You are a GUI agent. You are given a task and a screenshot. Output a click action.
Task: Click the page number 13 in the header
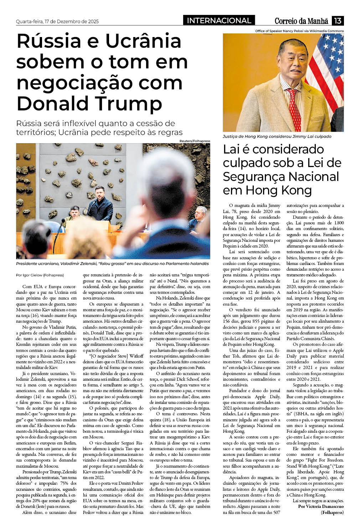(338, 21)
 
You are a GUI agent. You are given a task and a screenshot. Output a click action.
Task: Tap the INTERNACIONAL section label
(219, 21)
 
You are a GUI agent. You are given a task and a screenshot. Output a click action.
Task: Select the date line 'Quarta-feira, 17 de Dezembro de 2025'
(57, 21)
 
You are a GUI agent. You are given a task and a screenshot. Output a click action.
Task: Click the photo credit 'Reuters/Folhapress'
(195, 141)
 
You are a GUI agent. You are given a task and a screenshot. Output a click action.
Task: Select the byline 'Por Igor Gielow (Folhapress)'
(40, 275)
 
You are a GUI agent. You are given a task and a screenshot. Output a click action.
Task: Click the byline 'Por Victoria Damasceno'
(321, 506)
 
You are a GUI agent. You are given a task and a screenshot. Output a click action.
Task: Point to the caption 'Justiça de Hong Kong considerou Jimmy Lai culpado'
(277, 136)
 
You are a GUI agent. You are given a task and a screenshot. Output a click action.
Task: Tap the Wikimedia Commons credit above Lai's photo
(299, 31)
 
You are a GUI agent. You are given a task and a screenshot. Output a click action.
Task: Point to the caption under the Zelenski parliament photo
(112, 264)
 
